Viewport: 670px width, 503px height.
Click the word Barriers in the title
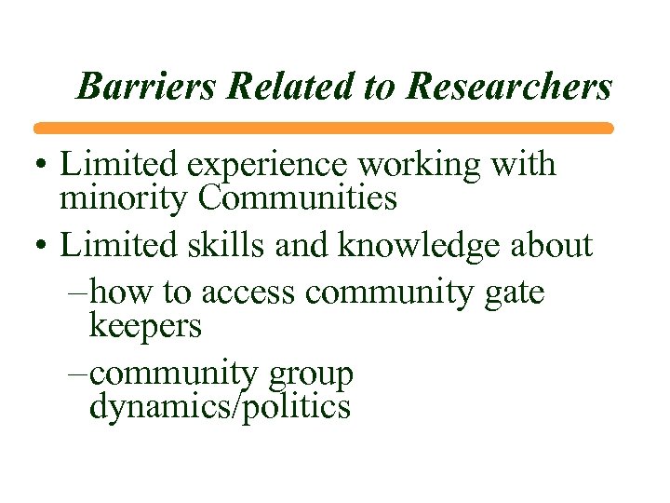148,87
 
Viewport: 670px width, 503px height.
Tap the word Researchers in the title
510,87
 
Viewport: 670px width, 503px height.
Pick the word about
552,245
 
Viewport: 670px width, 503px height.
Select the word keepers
145,325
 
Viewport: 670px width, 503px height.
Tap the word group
310,374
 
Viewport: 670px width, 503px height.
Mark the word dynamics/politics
220,407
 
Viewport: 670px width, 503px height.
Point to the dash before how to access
78,292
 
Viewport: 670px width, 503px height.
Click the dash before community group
78,374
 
